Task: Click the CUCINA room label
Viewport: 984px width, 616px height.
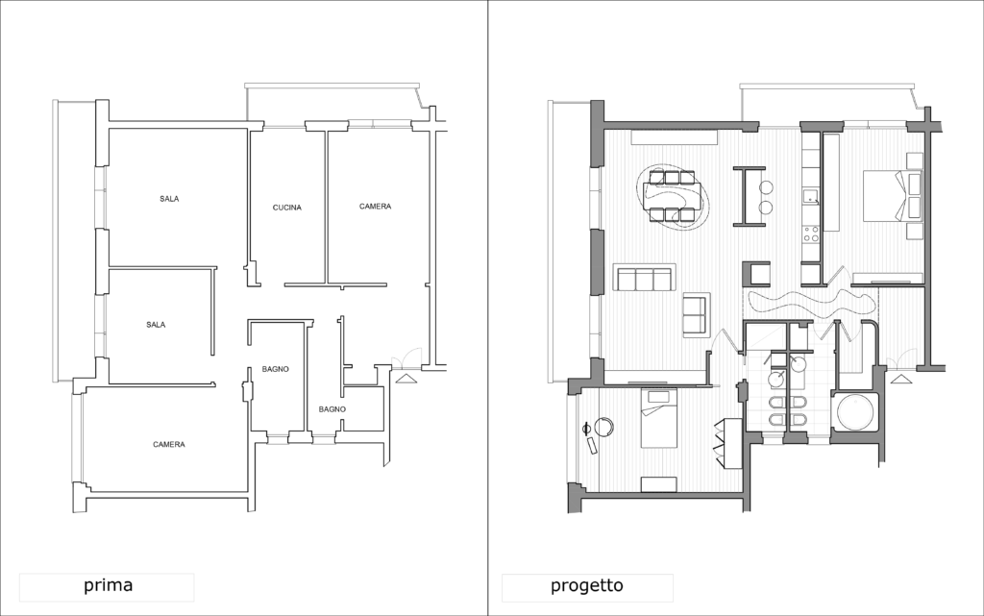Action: (x=286, y=208)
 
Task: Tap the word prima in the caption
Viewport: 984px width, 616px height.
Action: (x=109, y=585)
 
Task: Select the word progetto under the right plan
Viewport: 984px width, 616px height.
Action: (x=587, y=586)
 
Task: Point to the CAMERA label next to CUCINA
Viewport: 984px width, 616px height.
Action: (x=376, y=207)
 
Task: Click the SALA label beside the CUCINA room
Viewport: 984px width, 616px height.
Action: (x=169, y=199)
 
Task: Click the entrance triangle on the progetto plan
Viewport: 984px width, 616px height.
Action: (x=899, y=379)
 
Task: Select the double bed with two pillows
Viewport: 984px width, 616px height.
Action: (x=892, y=195)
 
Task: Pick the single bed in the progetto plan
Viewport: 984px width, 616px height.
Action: (x=659, y=418)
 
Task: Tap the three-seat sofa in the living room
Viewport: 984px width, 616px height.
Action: (x=644, y=279)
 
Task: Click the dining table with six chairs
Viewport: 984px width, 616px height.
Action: (x=672, y=196)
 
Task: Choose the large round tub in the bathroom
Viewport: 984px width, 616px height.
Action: (x=855, y=411)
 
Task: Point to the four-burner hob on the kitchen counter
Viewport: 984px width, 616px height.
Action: (x=811, y=234)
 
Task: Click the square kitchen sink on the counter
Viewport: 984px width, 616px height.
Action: (x=810, y=196)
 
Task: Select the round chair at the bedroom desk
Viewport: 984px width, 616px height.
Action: (x=604, y=428)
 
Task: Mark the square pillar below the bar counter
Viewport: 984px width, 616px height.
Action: (x=756, y=274)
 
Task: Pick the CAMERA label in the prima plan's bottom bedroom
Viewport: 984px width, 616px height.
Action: (x=169, y=445)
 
